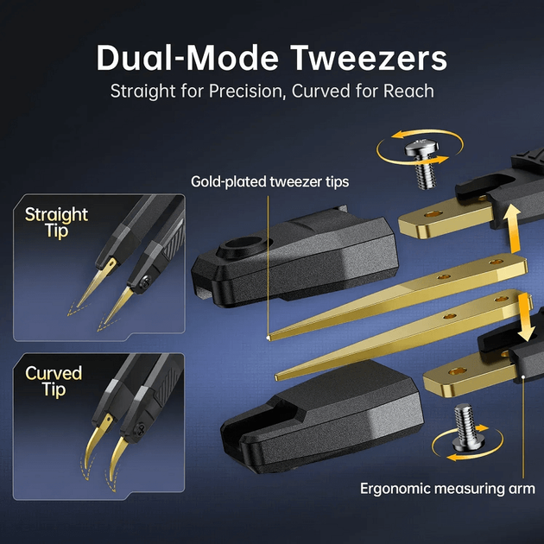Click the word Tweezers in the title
[369, 58]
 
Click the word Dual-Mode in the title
[187, 58]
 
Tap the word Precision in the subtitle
[247, 91]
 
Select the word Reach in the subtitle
[408, 91]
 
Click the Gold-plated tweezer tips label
[270, 181]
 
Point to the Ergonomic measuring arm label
[447, 489]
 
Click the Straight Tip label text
[56, 223]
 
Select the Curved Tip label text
[54, 382]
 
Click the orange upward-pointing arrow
[511, 228]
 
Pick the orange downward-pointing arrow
[524, 318]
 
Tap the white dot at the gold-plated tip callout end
[268, 336]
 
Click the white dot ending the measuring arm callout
[522, 376]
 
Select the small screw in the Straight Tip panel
[145, 281]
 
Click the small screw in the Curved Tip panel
[141, 427]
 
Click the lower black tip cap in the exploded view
[322, 417]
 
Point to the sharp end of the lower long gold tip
[276, 377]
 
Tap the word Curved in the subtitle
[321, 91]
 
